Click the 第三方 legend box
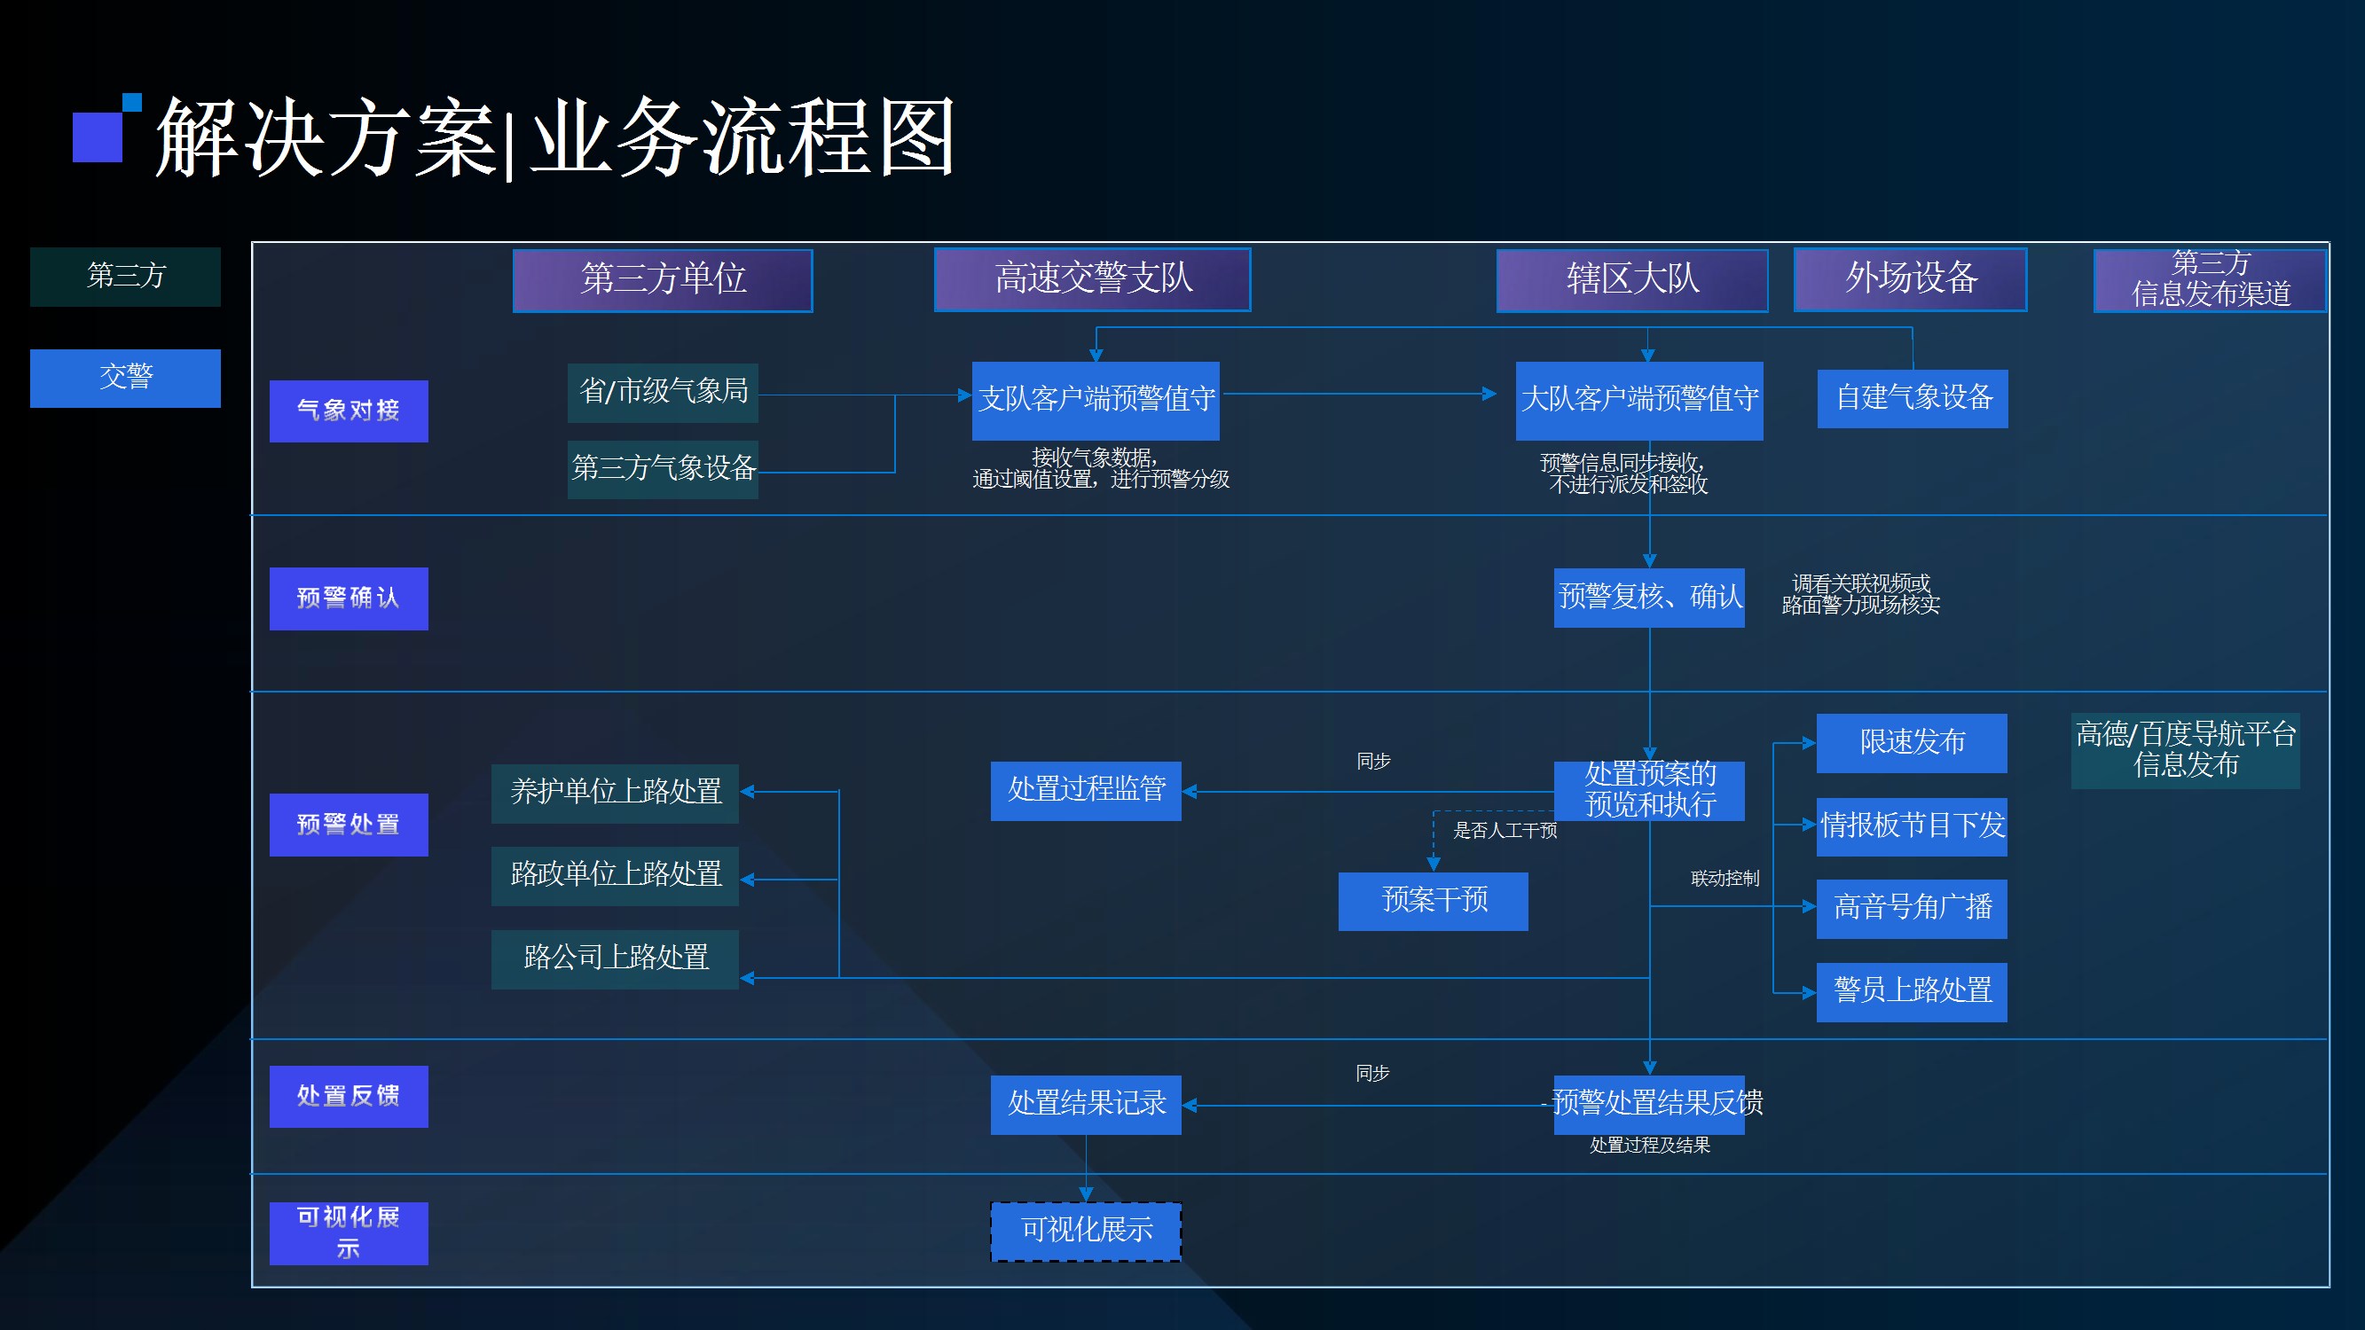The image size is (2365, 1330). [125, 277]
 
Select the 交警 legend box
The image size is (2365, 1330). [125, 377]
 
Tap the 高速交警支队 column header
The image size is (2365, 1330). [1092, 279]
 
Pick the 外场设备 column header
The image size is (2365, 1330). [1910, 279]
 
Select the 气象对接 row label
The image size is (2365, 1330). [348, 411]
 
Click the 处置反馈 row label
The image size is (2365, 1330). [348, 1096]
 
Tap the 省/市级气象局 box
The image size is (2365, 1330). [663, 392]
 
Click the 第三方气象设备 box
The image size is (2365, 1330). [663, 469]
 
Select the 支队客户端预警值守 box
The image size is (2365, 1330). [1096, 400]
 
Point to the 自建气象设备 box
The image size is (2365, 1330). [1913, 398]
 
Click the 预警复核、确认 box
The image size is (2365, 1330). [1649, 598]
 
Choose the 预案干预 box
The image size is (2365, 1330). [1434, 901]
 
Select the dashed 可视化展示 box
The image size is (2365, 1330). [1085, 1231]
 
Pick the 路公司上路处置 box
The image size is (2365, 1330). [614, 958]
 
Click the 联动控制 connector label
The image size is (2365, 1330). [1725, 879]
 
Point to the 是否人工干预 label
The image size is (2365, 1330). [1505, 831]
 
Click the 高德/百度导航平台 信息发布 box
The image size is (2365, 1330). [2185, 750]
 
